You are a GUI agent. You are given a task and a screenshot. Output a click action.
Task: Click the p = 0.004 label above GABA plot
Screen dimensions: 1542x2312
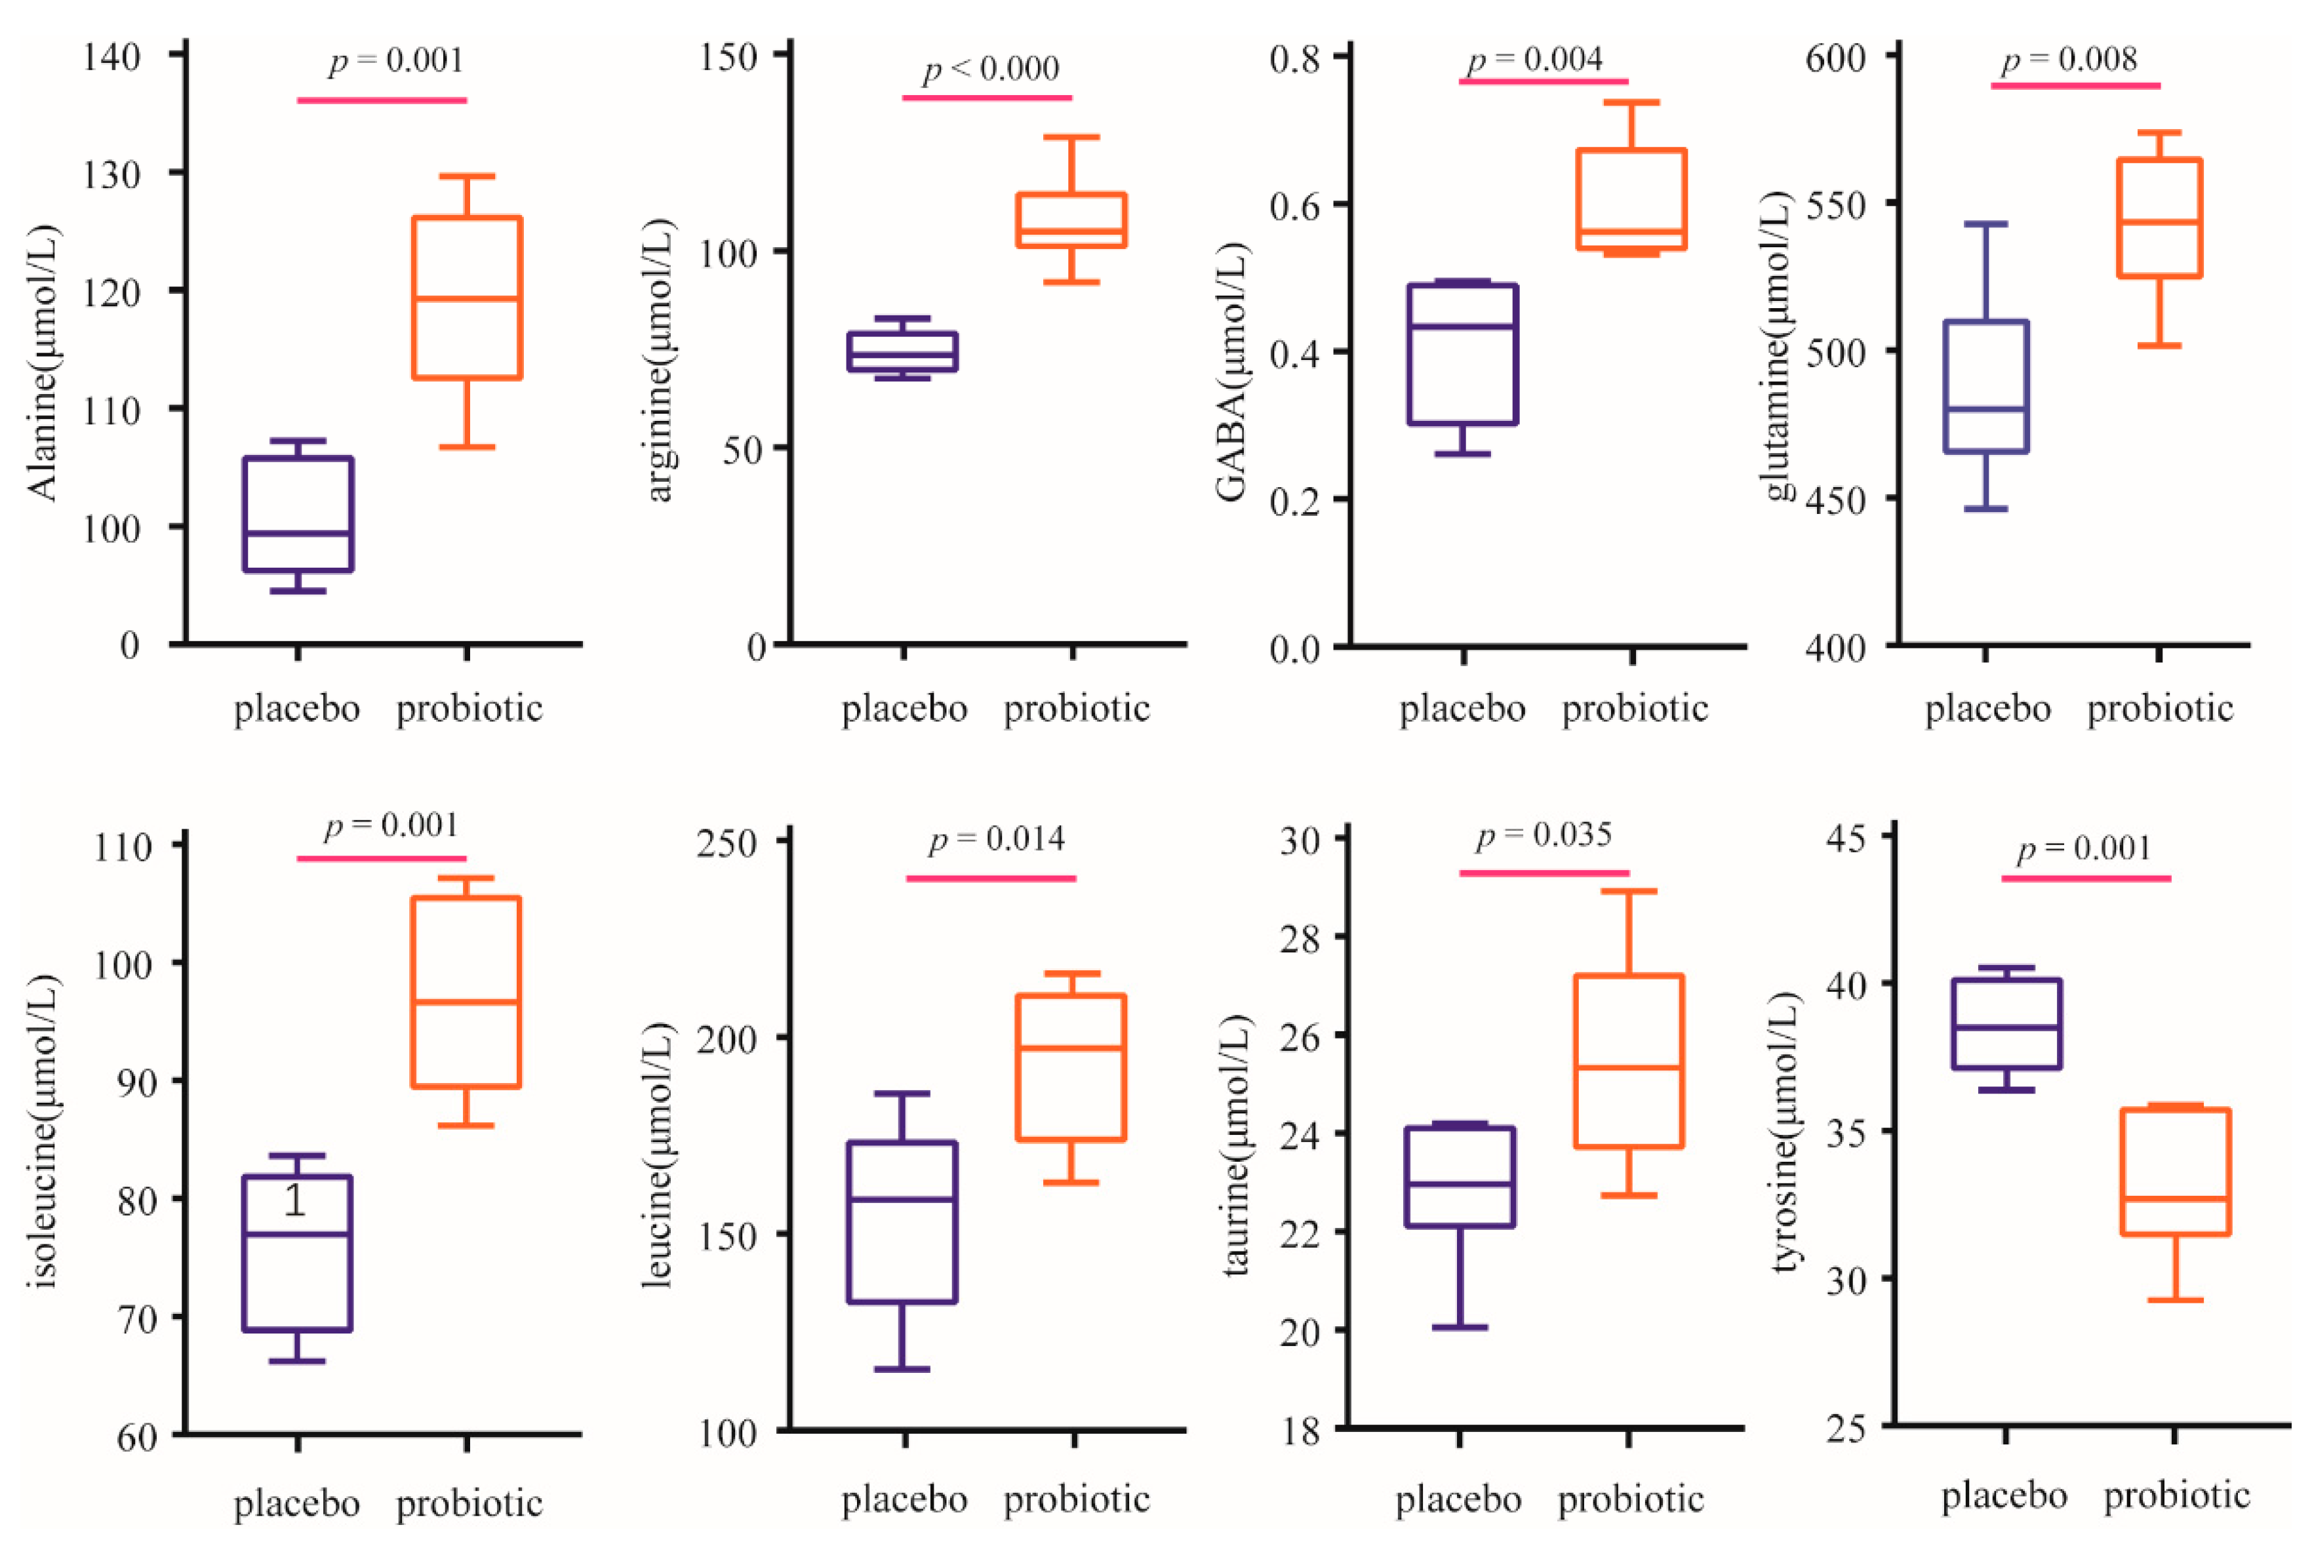pos(1534,60)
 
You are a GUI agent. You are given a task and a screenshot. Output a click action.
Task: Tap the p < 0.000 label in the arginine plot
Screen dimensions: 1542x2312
pos(990,69)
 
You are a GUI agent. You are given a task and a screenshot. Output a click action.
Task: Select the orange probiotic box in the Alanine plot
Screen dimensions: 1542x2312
pos(466,297)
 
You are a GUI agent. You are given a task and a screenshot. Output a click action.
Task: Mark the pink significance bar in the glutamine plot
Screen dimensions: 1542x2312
pos(2075,85)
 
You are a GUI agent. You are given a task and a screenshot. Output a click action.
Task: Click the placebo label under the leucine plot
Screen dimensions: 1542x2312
pos(904,1499)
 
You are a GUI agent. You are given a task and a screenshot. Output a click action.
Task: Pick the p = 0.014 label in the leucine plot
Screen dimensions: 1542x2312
pos(996,840)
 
